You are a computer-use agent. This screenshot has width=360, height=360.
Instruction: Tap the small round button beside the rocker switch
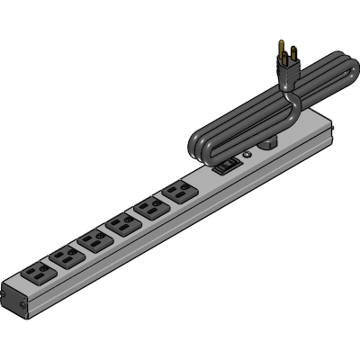[x=246, y=154]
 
